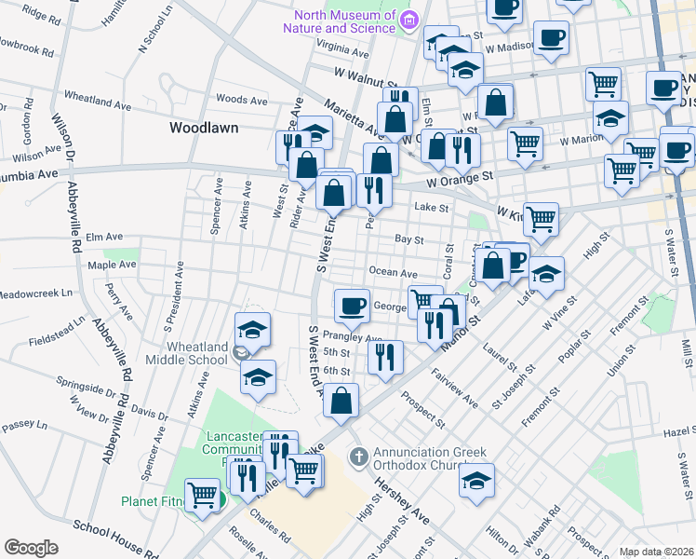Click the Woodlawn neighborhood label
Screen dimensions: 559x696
[x=204, y=127]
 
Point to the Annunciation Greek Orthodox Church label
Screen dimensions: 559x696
[x=430, y=462]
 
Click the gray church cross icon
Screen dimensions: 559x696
[x=358, y=457]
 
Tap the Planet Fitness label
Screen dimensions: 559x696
[x=160, y=501]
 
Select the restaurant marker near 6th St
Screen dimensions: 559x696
[x=383, y=355]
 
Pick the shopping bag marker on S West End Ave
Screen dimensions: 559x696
[x=342, y=401]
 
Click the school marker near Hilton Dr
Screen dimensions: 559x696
[x=476, y=482]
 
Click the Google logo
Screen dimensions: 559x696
[x=31, y=548]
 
